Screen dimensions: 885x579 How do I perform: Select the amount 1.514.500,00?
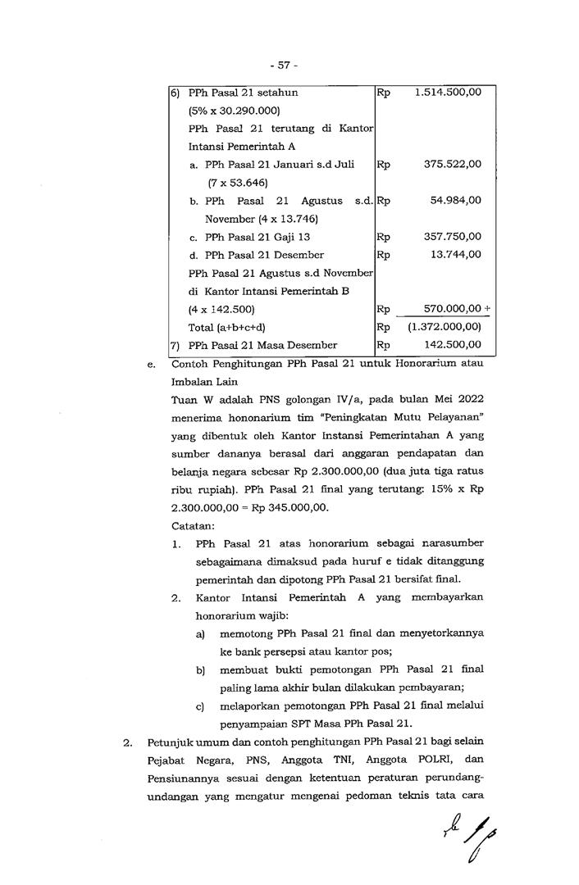448,93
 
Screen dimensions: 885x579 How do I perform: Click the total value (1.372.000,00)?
444,327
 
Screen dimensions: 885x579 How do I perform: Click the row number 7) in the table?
175,345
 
